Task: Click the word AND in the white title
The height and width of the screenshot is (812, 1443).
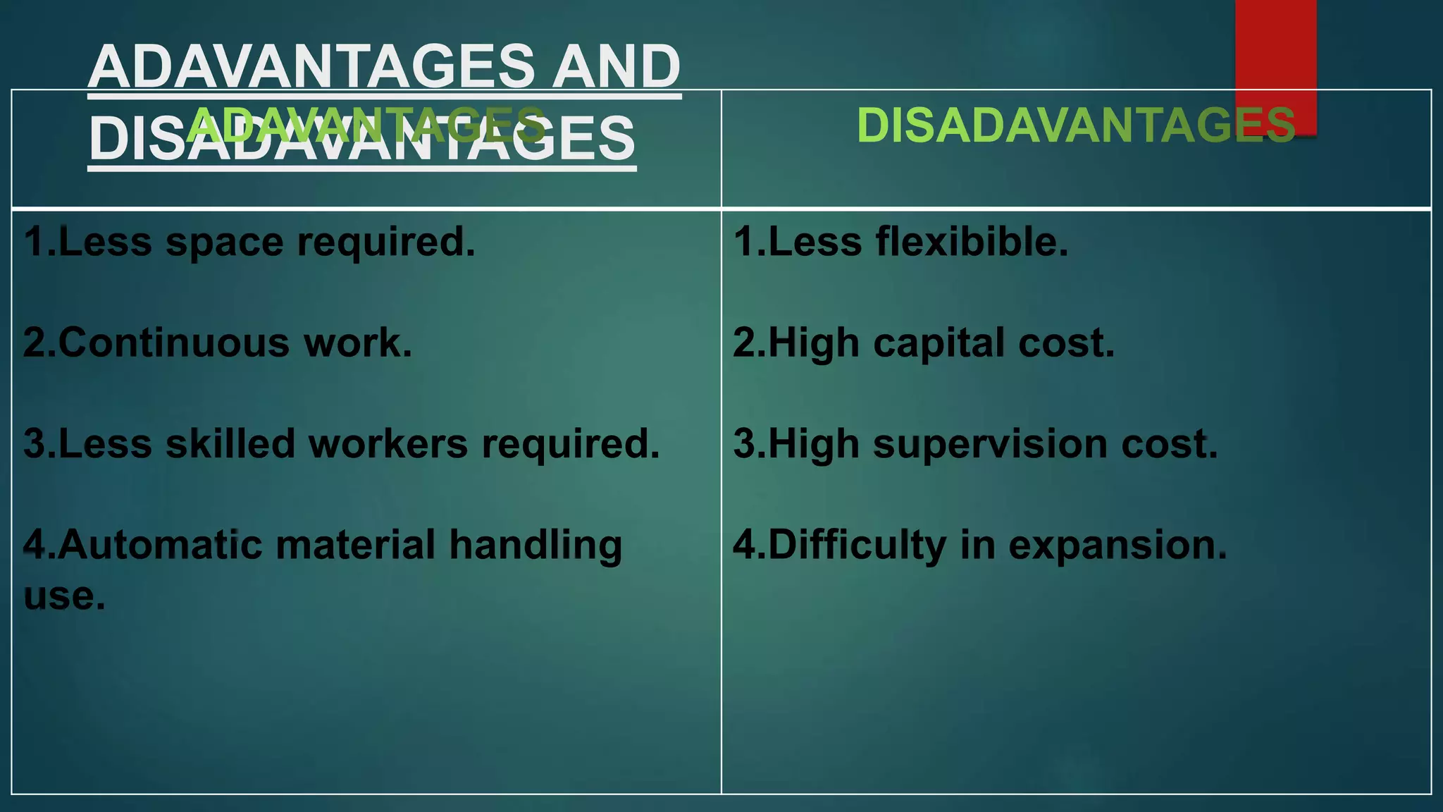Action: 616,66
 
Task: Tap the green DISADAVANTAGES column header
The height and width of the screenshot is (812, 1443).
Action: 1075,125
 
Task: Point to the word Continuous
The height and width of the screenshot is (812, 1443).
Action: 173,343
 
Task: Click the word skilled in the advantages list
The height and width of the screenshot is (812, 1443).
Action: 230,444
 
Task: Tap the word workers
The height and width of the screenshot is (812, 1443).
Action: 388,444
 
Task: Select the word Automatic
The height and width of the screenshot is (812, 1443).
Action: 159,546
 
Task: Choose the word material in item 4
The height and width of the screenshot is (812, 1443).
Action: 355,546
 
